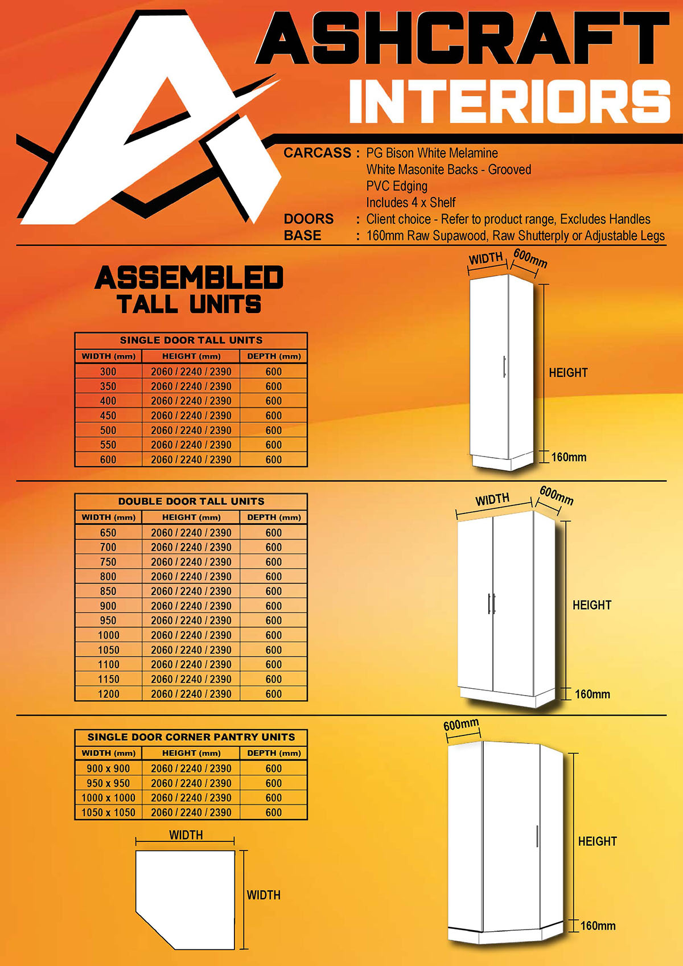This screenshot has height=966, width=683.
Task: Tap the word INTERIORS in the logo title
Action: [x=509, y=101]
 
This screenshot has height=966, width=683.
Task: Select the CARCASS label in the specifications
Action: [x=318, y=153]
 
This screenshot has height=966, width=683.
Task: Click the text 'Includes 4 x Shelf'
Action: [x=410, y=203]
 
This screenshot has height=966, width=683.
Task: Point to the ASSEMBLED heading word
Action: [x=189, y=278]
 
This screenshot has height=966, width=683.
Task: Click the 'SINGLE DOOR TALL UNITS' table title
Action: [x=191, y=340]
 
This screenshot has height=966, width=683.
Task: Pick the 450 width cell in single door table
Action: [x=108, y=416]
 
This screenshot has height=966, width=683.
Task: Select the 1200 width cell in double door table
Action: [x=108, y=694]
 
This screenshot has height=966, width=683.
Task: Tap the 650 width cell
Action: [x=108, y=533]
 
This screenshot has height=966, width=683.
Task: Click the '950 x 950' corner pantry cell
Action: [x=108, y=783]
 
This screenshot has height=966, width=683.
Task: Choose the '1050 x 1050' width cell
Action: [x=108, y=813]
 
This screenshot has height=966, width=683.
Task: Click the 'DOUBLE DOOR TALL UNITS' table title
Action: [x=191, y=502]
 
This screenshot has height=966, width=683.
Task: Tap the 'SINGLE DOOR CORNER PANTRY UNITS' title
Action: [x=191, y=737]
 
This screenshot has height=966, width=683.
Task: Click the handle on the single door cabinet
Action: [x=504, y=367]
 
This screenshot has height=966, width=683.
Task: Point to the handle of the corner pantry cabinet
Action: [x=537, y=836]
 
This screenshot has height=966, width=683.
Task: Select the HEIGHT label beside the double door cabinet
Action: [x=592, y=605]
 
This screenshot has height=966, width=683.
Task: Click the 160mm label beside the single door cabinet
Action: [x=569, y=457]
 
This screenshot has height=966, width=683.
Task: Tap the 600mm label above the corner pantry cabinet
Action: [x=461, y=725]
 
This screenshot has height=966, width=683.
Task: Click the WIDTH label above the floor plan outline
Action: [x=186, y=835]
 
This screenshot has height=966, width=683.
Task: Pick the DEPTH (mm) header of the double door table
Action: [x=274, y=517]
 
